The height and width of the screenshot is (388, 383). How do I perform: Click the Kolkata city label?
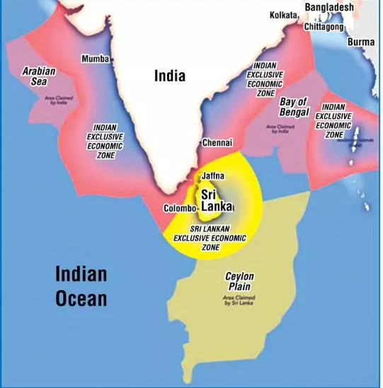tap(283, 15)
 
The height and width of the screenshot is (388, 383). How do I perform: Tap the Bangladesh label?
tap(329, 7)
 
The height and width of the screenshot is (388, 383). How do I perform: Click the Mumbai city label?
tap(96, 58)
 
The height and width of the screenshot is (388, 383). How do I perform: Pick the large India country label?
tap(170, 76)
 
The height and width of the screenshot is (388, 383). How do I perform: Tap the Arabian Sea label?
tap(39, 76)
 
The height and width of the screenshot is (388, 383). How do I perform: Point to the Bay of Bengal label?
tap(295, 107)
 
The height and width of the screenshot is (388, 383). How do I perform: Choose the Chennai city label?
tap(217, 143)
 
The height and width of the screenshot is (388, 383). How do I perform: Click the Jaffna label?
tap(214, 175)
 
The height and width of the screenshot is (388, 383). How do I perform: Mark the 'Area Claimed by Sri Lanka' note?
tap(239, 301)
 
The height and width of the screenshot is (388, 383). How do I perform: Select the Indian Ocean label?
tap(81, 286)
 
